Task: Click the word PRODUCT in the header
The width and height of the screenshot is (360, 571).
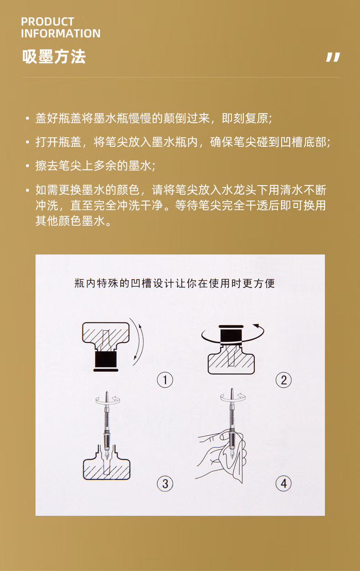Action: click(x=47, y=21)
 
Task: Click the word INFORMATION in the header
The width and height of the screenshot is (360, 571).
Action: click(x=61, y=34)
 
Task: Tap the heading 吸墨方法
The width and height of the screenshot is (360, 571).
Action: click(x=54, y=57)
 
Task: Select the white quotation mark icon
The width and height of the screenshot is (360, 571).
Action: click(x=333, y=57)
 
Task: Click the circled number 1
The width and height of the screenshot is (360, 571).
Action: click(x=165, y=379)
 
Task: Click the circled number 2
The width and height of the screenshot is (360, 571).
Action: click(x=283, y=379)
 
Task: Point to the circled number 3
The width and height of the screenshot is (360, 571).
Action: click(x=165, y=483)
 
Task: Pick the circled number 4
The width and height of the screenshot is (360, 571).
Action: click(x=283, y=483)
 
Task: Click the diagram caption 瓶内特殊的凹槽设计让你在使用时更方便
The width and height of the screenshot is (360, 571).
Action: click(x=175, y=283)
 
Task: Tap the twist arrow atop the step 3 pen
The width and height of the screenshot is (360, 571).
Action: click(x=108, y=400)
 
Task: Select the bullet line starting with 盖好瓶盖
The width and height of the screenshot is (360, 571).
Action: click(x=154, y=119)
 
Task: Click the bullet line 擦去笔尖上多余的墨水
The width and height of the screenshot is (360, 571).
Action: click(x=95, y=166)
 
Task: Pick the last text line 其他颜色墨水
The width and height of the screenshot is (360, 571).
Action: click(x=73, y=221)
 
